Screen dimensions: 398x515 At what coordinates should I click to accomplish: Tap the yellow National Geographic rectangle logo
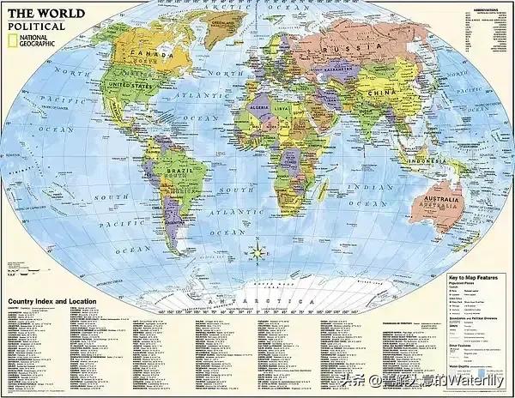pyautogui.click(x=10, y=40)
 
